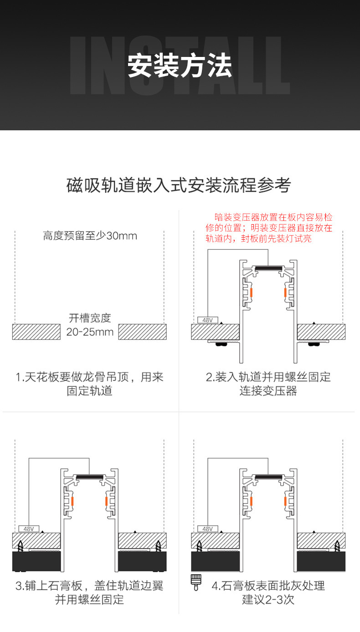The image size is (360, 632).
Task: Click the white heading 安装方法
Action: pos(180,66)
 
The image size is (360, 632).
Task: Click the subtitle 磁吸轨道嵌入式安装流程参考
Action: pos(179,185)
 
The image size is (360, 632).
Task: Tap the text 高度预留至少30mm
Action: pos(90,236)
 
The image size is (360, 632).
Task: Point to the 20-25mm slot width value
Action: pos(90,332)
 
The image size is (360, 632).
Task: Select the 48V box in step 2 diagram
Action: pos(207,320)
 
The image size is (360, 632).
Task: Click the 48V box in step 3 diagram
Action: pos(29,529)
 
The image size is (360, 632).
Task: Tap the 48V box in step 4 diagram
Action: pos(207,529)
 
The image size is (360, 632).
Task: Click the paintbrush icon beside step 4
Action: pos(196,583)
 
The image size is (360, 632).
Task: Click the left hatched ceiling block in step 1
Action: pos(36,332)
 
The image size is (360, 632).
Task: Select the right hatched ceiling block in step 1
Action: pos(142,332)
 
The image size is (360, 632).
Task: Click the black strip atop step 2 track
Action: pos(268,268)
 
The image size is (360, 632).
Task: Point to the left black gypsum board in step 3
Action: pos(36,561)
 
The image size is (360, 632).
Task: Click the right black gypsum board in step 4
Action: pos(321,561)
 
